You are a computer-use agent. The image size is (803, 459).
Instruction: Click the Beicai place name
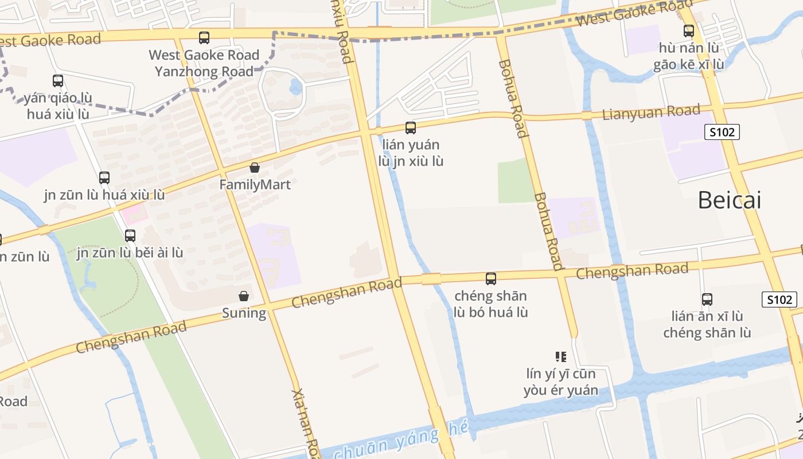tap(729, 200)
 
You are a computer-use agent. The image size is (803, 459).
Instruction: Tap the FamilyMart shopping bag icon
tap(255, 168)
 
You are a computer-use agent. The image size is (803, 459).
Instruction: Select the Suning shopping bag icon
tap(244, 296)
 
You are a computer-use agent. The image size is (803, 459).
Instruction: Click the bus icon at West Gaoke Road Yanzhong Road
tap(204, 38)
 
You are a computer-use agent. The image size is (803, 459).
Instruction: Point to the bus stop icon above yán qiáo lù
tap(58, 81)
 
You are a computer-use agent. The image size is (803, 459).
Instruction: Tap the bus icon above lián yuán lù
tap(411, 128)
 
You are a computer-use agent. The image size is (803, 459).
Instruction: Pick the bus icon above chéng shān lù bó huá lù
tap(491, 279)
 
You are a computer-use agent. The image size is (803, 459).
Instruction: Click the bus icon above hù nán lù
tap(689, 31)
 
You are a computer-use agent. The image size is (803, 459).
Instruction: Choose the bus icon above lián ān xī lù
tap(707, 299)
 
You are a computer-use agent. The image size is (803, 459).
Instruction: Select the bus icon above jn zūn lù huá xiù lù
tap(104, 178)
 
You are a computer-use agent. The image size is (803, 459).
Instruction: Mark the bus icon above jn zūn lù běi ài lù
tap(130, 235)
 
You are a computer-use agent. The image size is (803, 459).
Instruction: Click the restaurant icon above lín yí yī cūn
tap(561, 357)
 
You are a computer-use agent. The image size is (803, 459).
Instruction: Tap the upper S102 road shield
tap(722, 133)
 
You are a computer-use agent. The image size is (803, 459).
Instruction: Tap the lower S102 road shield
tap(779, 299)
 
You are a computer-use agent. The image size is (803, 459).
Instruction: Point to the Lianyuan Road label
tap(651, 112)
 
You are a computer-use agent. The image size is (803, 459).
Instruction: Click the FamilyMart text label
tap(255, 185)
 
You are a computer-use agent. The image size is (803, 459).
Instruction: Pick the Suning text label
tap(244, 313)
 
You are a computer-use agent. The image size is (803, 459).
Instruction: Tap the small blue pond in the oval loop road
tap(296, 87)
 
